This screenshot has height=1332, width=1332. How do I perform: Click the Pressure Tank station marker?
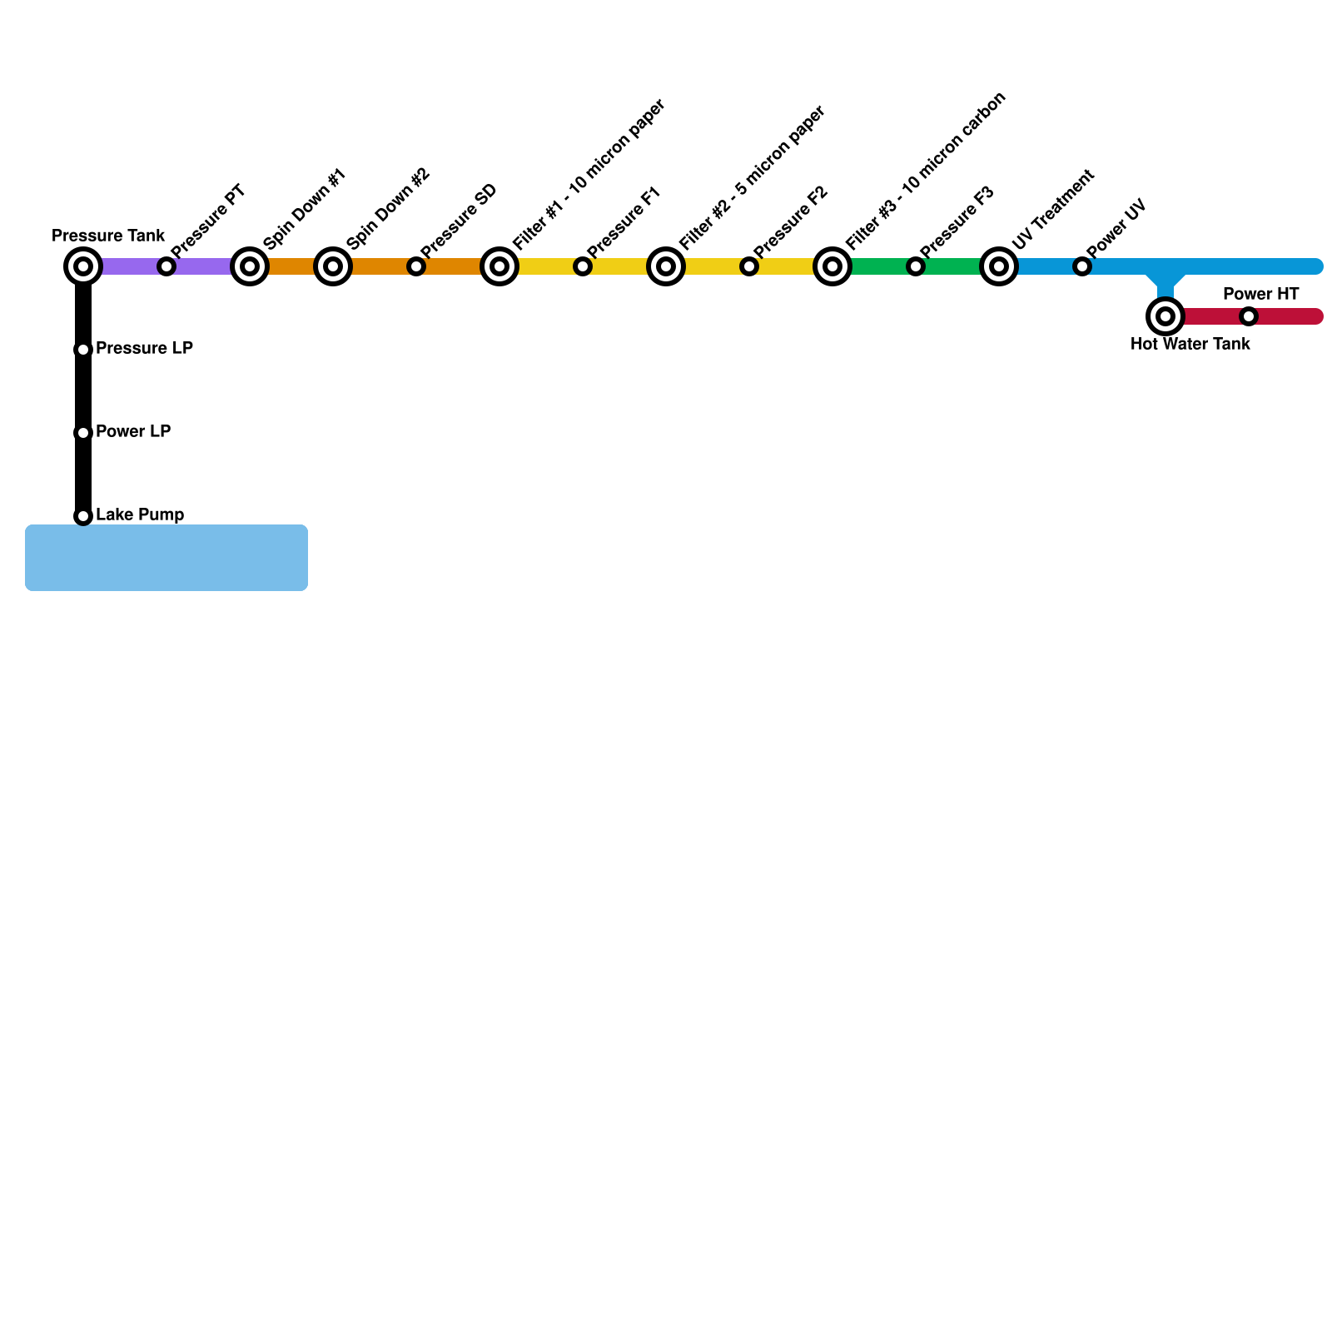83,266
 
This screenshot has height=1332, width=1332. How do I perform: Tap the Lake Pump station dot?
83,516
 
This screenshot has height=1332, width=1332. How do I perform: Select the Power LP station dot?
83,433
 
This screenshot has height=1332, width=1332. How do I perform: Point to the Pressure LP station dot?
83,350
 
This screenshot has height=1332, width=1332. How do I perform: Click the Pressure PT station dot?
166,266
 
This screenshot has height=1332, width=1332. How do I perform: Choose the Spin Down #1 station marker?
250,266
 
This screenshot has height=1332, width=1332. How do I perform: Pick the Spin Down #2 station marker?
333,266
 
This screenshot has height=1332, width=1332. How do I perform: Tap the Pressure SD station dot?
416,266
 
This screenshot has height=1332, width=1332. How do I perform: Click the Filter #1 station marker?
499,266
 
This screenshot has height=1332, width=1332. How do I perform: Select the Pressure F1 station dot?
583,266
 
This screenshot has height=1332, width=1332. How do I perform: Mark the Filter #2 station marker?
666,266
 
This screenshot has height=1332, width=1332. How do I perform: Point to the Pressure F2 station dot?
749,266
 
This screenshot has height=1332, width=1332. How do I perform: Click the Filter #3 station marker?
832,266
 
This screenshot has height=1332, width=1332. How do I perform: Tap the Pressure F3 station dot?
916,266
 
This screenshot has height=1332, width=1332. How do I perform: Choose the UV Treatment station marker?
999,266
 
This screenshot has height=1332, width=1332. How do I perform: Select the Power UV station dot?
1082,266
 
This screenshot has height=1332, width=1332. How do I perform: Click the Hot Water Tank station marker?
1165,316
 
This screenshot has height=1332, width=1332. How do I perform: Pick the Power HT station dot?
1249,316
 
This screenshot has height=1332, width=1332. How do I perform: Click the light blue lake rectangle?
166,558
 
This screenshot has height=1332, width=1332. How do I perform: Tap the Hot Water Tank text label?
1190,344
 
